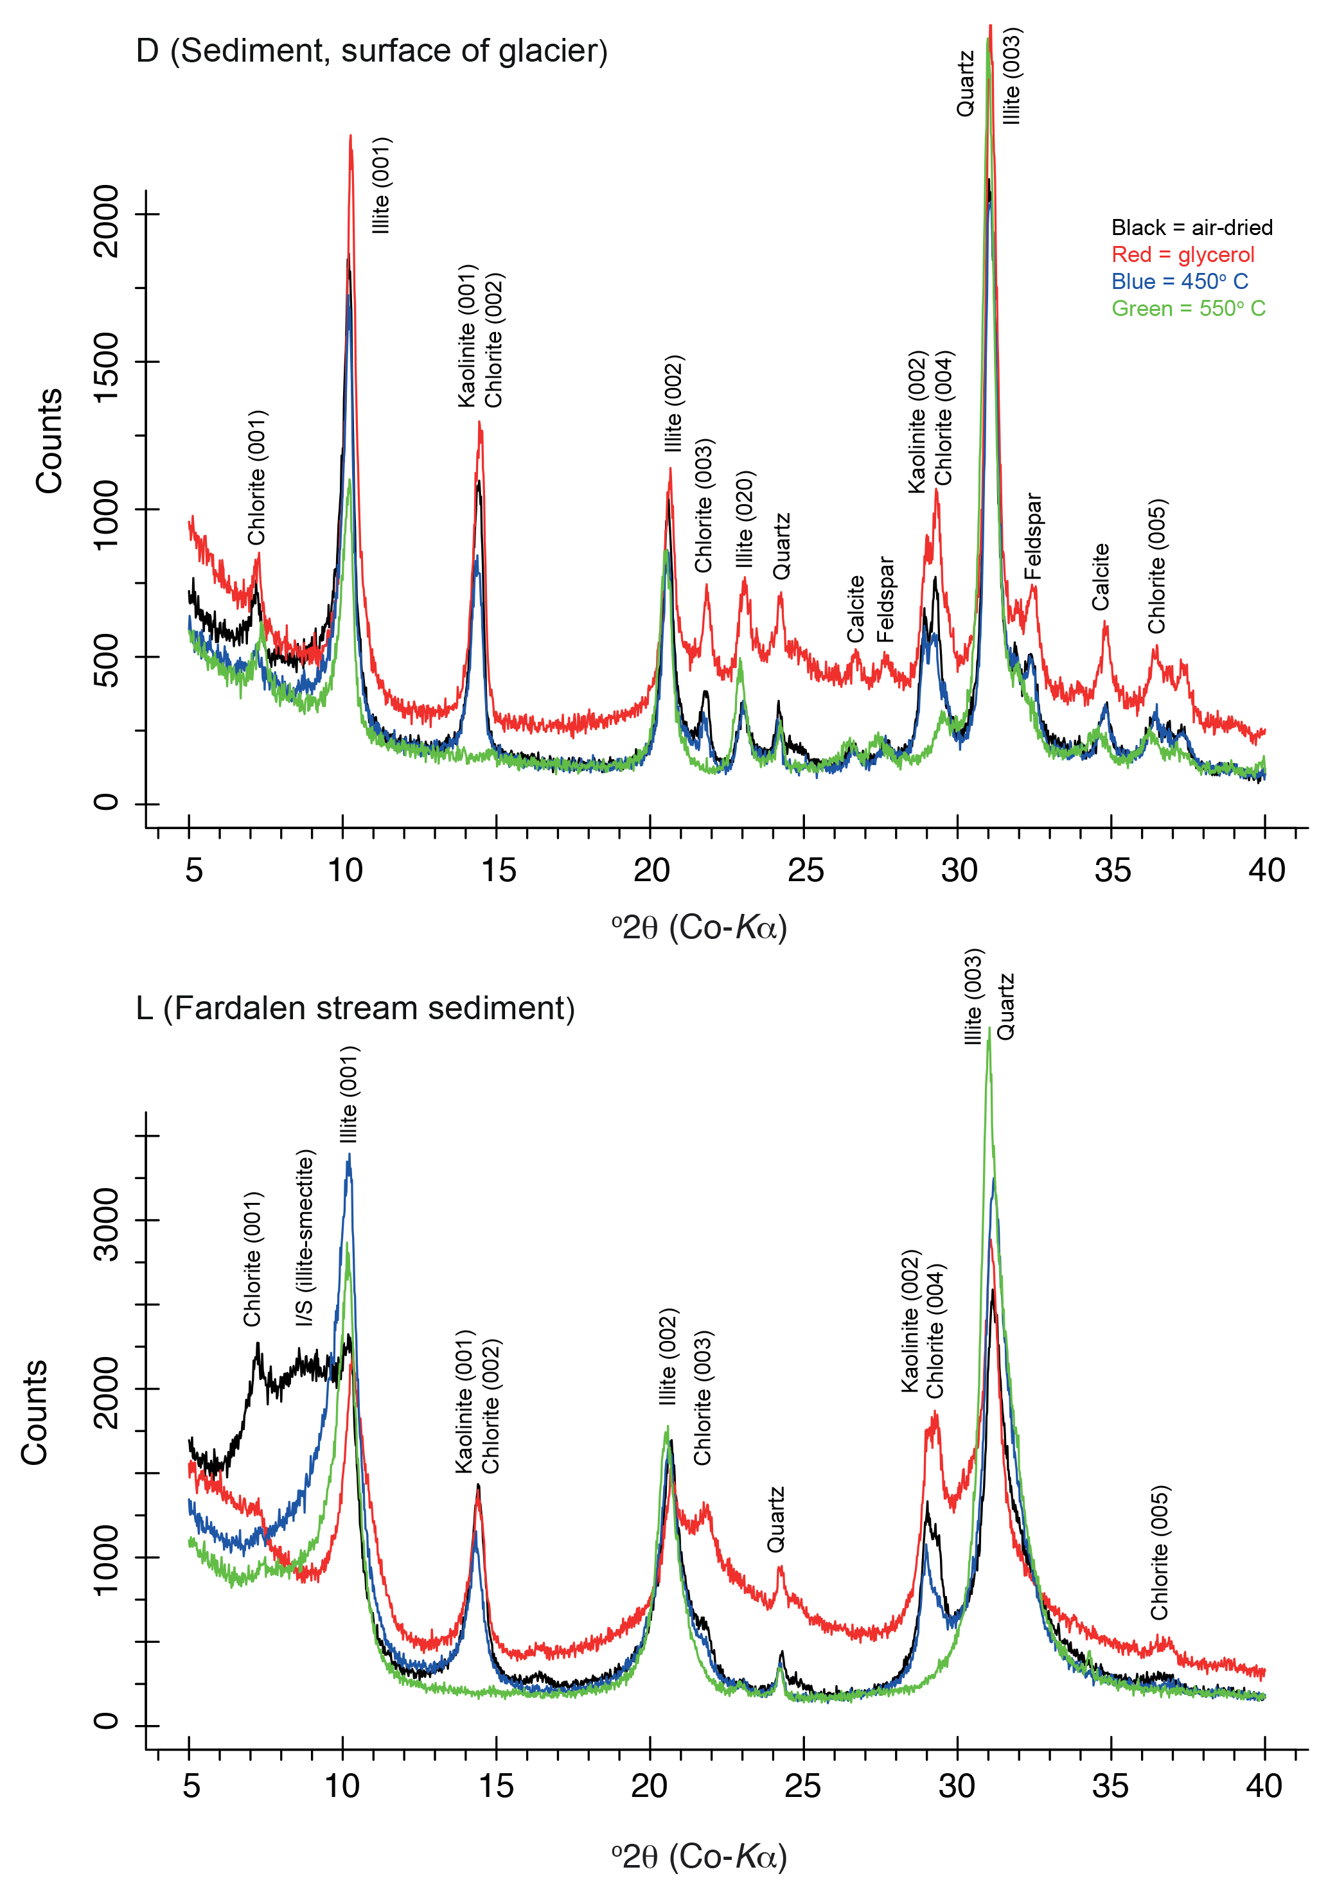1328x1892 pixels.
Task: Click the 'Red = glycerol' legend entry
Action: click(x=1182, y=254)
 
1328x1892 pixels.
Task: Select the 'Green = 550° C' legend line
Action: click(x=1188, y=308)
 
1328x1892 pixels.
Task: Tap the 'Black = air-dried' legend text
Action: click(x=1191, y=227)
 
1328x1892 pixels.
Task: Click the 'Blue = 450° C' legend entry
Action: click(x=1179, y=281)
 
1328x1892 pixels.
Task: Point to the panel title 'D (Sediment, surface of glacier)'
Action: click(x=372, y=51)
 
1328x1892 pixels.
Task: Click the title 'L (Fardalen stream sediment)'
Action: click(x=355, y=1008)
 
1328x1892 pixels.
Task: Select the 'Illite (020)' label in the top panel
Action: click(x=745, y=519)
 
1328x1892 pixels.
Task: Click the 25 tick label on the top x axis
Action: click(x=804, y=870)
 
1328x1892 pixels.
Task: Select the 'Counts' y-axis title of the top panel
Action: click(x=49, y=441)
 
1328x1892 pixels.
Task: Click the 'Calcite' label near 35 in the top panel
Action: click(x=1101, y=577)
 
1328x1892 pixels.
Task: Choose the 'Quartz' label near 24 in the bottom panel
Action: click(x=775, y=1520)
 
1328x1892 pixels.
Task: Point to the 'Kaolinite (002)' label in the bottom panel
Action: click(x=910, y=1321)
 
